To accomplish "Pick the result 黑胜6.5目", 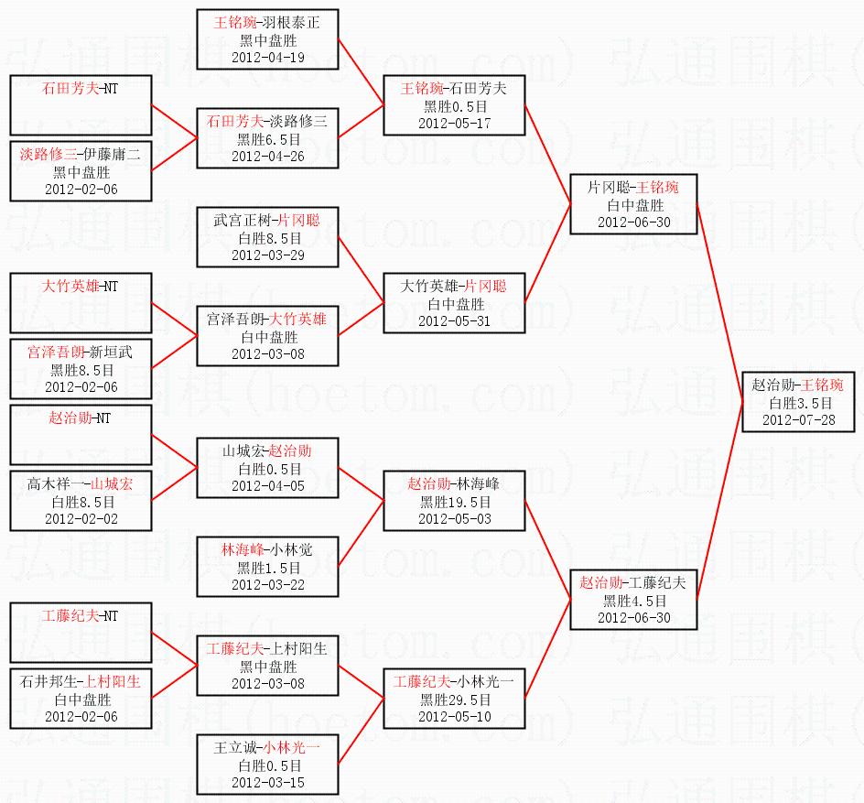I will [267, 138].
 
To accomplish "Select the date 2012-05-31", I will [454, 320].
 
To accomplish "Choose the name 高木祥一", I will [56, 483].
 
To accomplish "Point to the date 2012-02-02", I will [81, 518].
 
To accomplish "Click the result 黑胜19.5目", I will [454, 502].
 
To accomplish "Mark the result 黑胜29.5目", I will [454, 700].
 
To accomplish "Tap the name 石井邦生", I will [47, 682].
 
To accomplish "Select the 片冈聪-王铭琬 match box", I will [632, 203].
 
